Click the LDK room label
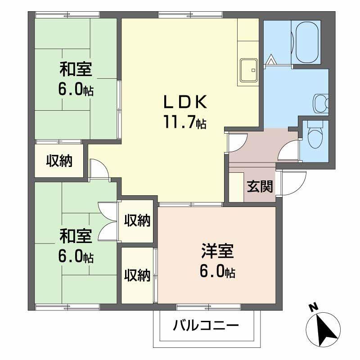tap(185, 102)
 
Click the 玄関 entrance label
tap(260, 186)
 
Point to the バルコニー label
tap(206, 325)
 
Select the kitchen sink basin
tap(249, 70)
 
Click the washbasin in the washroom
tap(321, 103)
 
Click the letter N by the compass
tap(313, 307)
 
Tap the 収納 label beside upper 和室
tap(59, 161)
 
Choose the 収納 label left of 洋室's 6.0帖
tap(137, 275)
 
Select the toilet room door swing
tap(288, 150)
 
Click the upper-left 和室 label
tap(76, 69)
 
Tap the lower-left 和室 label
tap(76, 236)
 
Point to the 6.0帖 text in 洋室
tap(217, 272)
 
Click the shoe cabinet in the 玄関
tap(236, 187)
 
